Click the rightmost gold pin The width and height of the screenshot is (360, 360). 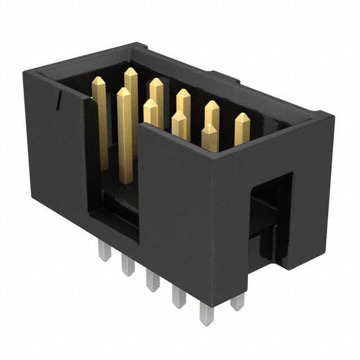pyautogui.click(x=242, y=128)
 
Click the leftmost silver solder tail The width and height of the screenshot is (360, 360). pyautogui.click(x=104, y=250)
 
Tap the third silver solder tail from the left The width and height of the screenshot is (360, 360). pyautogui.click(x=152, y=280)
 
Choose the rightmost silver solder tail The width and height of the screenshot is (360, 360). pyautogui.click(x=238, y=302)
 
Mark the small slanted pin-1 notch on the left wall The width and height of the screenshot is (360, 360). pyautogui.click(x=58, y=100)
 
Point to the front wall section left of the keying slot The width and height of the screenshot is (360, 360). pyautogui.click(x=56, y=157)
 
